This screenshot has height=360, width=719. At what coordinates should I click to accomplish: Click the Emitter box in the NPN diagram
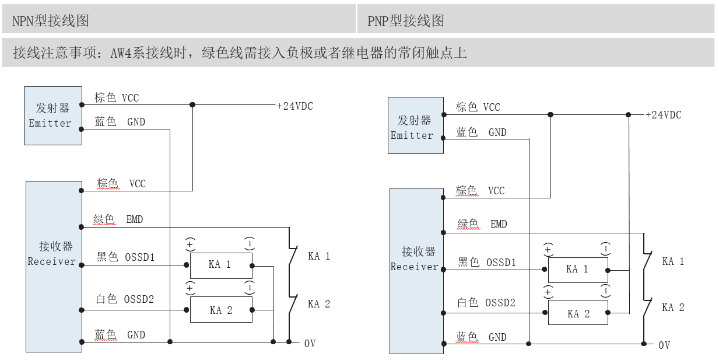click(x=52, y=116)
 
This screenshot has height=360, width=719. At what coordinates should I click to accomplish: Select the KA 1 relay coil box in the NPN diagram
click(x=221, y=265)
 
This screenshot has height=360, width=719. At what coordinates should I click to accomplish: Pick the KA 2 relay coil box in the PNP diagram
click(x=578, y=313)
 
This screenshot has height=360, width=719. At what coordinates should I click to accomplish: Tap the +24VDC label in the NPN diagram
click(x=294, y=106)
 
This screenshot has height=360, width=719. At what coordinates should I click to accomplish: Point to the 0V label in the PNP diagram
click(x=664, y=345)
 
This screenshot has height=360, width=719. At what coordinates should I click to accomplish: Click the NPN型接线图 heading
click(x=51, y=21)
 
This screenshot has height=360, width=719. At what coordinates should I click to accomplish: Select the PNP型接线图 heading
click(x=406, y=21)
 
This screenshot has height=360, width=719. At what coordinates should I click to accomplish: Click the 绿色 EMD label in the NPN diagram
click(x=118, y=220)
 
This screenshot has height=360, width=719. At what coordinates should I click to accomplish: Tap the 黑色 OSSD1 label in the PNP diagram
click(x=487, y=263)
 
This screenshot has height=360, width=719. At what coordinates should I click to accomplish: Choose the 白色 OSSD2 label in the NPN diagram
click(x=125, y=299)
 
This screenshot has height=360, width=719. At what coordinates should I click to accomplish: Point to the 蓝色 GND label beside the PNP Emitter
click(x=481, y=132)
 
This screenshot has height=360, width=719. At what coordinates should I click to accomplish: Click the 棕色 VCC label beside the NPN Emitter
click(x=117, y=97)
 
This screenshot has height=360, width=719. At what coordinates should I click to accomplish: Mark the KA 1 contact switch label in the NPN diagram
click(x=318, y=256)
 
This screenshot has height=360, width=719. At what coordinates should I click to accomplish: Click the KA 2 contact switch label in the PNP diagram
click(x=673, y=307)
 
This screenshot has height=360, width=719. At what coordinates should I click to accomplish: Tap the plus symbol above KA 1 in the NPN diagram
click(x=190, y=243)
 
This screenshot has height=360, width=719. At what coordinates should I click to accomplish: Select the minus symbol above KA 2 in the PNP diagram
click(x=606, y=291)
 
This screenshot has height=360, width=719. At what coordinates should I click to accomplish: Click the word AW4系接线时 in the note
click(x=150, y=54)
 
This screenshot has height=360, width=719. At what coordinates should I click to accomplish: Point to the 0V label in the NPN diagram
click(x=310, y=343)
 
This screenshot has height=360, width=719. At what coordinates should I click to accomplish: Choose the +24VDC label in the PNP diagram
click(x=663, y=115)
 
